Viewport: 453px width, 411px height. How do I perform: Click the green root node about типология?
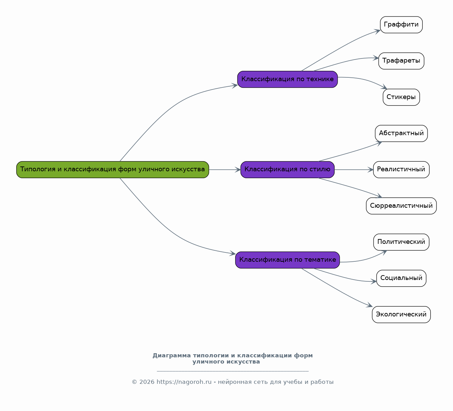click(113, 170)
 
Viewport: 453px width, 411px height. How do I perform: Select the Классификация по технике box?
click(287, 79)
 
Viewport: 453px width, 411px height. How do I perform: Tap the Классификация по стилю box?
click(287, 170)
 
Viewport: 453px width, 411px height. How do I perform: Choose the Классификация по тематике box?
click(287, 260)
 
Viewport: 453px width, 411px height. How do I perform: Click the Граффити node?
click(401, 25)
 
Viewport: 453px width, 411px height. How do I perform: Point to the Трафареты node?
click(401, 61)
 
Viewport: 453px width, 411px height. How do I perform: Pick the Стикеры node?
click(401, 97)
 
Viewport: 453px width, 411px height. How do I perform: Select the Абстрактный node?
click(401, 133)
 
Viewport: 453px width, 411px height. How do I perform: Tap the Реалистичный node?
click(401, 170)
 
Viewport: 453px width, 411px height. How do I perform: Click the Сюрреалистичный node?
click(401, 206)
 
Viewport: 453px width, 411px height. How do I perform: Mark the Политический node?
click(401, 242)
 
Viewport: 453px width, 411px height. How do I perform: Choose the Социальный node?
click(401, 278)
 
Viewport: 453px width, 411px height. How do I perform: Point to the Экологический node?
click(401, 315)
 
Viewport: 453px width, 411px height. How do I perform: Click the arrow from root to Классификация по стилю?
click(224, 170)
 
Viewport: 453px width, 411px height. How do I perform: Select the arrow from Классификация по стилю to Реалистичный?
click(353, 170)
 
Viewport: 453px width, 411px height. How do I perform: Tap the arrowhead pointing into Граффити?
click(378, 31)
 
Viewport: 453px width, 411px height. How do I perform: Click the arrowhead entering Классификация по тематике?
click(233, 254)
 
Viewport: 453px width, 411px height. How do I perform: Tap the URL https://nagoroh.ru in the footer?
click(184, 382)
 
